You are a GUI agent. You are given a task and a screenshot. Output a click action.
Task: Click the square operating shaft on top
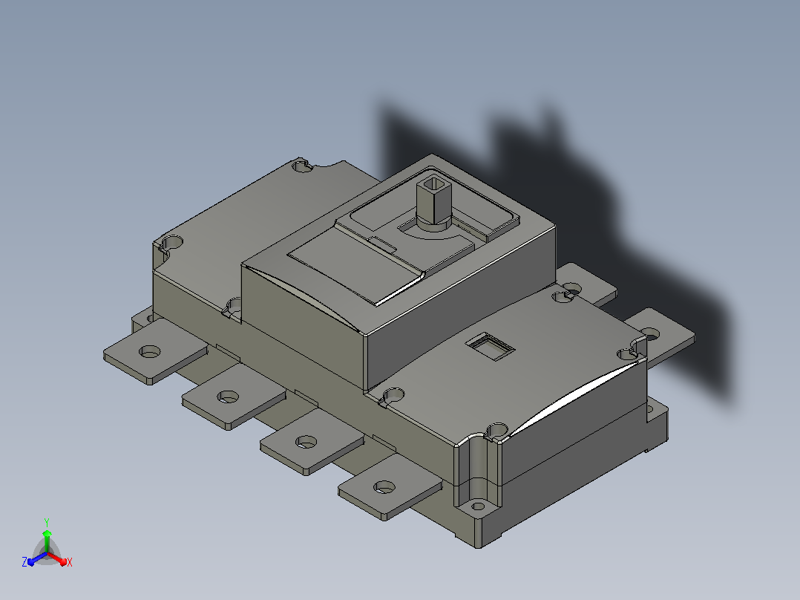[x=434, y=202]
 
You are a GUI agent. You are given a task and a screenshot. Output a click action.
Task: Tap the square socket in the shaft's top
[x=434, y=183]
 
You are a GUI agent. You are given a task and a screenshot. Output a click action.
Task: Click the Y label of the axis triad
[x=47, y=522]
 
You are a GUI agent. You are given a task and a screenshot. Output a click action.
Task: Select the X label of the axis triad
[x=70, y=562]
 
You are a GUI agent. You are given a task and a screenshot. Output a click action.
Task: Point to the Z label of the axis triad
[x=24, y=561]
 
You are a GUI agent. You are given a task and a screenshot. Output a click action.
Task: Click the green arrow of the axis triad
[x=47, y=541]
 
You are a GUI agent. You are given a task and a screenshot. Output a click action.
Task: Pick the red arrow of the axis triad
[x=58, y=558]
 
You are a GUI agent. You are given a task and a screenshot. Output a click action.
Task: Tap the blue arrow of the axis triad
[x=37, y=558]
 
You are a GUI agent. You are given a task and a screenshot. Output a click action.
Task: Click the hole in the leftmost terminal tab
[x=150, y=351]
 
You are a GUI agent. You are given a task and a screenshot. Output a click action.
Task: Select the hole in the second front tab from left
[x=228, y=397]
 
